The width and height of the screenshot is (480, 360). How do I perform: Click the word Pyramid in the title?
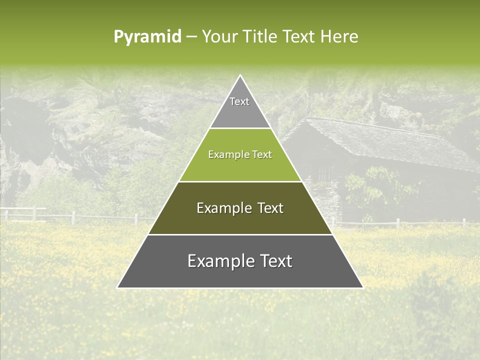[147, 37]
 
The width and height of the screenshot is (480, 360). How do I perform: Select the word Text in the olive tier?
[270, 208]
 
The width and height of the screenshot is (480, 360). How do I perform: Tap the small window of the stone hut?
[324, 173]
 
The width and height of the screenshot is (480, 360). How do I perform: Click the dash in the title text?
[191, 37]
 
